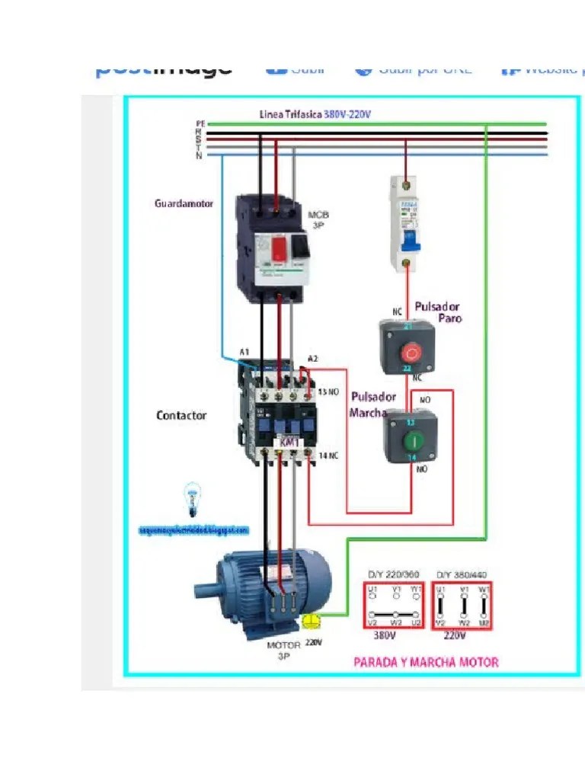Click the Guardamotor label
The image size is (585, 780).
point(184,203)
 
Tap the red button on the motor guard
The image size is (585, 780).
point(279,248)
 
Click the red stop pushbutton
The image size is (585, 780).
point(411,353)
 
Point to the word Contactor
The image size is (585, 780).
point(181,415)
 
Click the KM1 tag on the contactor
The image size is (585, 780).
point(289,443)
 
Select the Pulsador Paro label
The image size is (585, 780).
point(439,312)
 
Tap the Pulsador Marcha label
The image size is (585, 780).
point(372,404)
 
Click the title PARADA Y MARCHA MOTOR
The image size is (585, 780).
point(426,662)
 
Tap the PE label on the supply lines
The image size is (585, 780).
point(200,123)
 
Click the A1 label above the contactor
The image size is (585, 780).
point(244,352)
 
